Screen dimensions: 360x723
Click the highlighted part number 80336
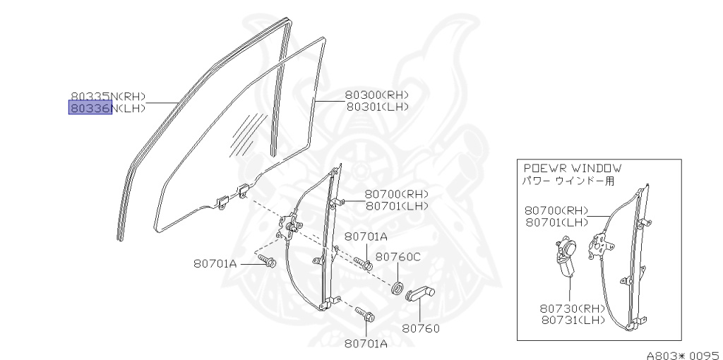point(90,108)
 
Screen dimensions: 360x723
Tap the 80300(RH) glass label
point(377,95)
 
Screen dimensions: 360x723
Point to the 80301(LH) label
point(377,107)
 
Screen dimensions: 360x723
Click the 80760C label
point(398,257)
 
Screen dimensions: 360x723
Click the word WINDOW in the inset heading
point(597,169)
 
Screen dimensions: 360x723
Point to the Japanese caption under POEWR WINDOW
point(568,181)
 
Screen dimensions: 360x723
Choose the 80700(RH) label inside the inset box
point(556,210)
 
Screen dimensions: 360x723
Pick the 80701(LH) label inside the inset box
point(556,222)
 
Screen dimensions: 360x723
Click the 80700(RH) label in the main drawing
point(397,194)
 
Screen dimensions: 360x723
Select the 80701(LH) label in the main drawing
point(397,206)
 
